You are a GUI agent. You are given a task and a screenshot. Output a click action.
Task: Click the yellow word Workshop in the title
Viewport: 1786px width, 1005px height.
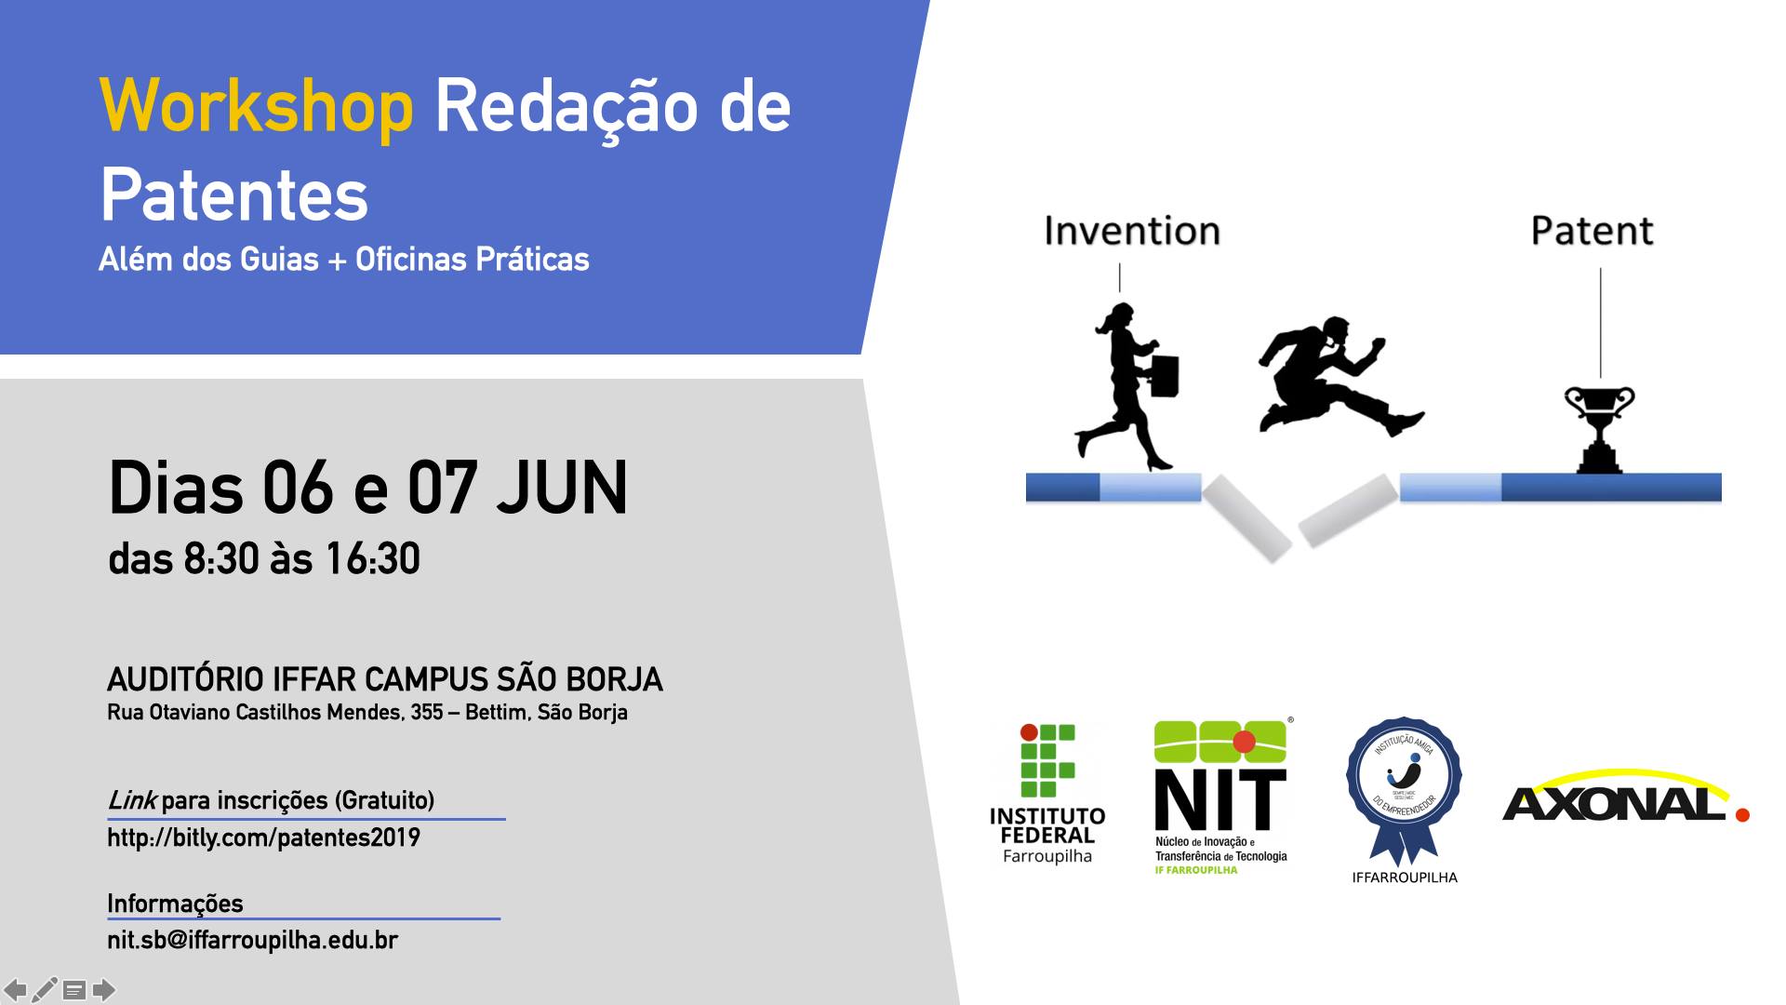[x=256, y=108]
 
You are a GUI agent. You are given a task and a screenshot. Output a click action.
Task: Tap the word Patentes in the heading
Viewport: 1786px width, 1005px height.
[x=234, y=195]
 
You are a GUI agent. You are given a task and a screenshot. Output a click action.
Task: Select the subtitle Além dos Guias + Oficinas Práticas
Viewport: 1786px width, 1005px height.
[x=344, y=259]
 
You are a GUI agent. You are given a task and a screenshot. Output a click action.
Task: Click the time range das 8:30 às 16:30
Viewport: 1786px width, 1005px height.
[x=264, y=559]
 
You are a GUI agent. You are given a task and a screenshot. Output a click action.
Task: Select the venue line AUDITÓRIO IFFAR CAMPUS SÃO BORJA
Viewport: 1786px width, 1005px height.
[x=385, y=679]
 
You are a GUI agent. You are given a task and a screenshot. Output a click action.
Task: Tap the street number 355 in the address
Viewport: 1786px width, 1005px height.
[x=426, y=713]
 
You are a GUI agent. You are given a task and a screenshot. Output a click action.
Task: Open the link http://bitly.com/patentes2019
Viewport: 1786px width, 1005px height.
[x=264, y=837]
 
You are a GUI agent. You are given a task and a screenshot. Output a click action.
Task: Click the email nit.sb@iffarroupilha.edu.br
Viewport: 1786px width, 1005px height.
[x=253, y=940]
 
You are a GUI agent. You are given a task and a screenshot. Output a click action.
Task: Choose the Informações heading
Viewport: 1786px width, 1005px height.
[x=175, y=904]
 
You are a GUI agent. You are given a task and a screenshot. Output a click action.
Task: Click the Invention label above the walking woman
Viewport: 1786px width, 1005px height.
[x=1131, y=231]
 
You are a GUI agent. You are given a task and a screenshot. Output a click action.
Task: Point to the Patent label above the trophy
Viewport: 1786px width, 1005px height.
[x=1592, y=231]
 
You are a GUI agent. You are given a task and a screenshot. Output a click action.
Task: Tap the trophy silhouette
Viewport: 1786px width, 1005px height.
[x=1599, y=428]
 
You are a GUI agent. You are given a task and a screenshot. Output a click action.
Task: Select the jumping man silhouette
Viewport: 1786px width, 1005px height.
[x=1339, y=377]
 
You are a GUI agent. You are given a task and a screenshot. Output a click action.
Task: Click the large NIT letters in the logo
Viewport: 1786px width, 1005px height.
[x=1220, y=799]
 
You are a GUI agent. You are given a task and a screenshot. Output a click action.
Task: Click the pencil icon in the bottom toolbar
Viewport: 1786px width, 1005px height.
[x=45, y=989]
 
